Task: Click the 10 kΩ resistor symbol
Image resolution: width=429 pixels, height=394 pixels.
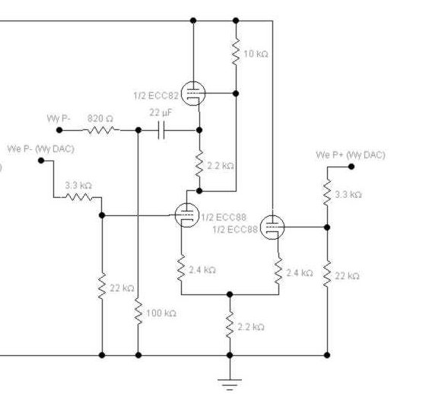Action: coord(236,52)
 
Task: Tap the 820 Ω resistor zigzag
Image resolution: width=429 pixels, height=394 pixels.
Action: coord(101,130)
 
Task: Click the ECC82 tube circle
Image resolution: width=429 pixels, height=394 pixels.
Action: coord(193,94)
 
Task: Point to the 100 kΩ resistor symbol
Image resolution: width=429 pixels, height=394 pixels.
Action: coord(138,312)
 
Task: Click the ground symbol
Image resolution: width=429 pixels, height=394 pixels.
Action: coord(230,384)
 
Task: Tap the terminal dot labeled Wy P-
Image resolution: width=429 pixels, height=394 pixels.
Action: coord(59,130)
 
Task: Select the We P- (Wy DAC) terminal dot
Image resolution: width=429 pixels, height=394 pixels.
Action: coord(41,160)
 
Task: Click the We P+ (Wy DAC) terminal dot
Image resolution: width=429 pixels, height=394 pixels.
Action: coord(351,167)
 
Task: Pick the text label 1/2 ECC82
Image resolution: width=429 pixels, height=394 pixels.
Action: coord(156,96)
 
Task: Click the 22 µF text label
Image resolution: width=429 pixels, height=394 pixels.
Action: coord(161,113)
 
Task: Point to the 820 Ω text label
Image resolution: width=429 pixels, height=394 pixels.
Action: coord(100,119)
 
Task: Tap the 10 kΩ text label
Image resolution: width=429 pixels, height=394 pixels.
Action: coord(256,54)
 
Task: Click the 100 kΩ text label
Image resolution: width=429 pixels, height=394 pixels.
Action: coord(161,313)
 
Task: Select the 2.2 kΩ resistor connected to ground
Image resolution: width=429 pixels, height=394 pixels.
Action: coord(230,325)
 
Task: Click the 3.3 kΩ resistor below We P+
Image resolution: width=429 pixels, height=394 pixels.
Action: coord(327,192)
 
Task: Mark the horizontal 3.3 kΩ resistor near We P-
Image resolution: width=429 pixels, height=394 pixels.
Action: coord(79,197)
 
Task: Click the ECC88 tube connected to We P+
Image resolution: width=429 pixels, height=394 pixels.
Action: coord(272,227)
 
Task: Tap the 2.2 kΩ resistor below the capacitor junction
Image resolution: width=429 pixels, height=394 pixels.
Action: coord(199,164)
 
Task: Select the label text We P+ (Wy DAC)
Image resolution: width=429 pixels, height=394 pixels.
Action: coord(351,155)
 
